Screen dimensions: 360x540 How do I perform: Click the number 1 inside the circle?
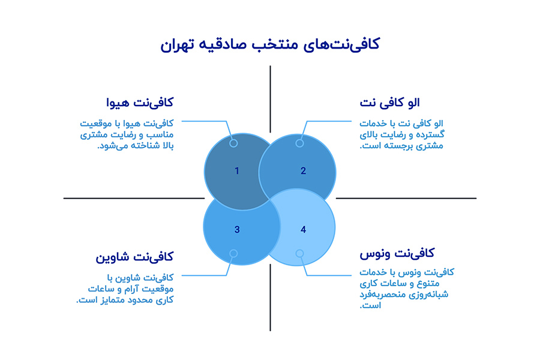pyautogui.click(x=237, y=171)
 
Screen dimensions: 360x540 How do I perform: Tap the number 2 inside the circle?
pyautogui.click(x=303, y=171)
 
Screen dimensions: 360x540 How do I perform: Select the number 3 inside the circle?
pyautogui.click(x=237, y=229)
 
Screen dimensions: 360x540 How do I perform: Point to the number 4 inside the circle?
pyautogui.click(x=303, y=229)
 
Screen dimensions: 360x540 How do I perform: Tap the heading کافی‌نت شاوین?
pyautogui.click(x=134, y=257)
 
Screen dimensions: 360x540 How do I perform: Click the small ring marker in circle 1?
pyautogui.click(x=233, y=143)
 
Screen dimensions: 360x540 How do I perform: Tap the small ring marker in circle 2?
pyautogui.click(x=299, y=143)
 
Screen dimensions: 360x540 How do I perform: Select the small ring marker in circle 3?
pyautogui.click(x=233, y=254)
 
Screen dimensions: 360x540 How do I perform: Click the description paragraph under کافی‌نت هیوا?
pyautogui.click(x=134, y=134)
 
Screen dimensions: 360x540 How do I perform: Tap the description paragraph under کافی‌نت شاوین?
pyautogui.click(x=129, y=289)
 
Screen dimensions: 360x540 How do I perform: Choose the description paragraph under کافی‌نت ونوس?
pyautogui.click(x=406, y=289)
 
